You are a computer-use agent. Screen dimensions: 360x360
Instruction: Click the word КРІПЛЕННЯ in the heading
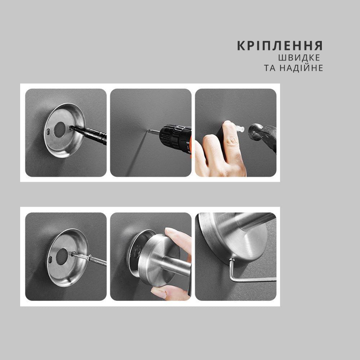pyautogui.click(x=280, y=46)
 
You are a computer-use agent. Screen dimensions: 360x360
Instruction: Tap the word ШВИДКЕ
pyautogui.click(x=299, y=58)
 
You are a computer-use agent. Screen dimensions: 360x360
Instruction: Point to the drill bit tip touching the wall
pyautogui.click(x=148, y=131)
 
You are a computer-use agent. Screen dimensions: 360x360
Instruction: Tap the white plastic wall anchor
pyautogui.click(x=238, y=127)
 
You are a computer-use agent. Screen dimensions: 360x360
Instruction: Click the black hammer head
pyautogui.click(x=256, y=132)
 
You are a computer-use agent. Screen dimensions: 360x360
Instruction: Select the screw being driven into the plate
pyautogui.click(x=89, y=258)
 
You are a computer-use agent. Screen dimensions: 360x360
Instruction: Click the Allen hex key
pyautogui.click(x=248, y=275)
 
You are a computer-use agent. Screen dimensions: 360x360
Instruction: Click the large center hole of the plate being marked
pyautogui.click(x=60, y=130)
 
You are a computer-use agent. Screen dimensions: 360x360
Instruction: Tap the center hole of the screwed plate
pyautogui.click(x=62, y=256)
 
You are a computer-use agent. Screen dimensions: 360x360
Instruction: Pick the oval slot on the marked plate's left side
pyautogui.click(x=48, y=132)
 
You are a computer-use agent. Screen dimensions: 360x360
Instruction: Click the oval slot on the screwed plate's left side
pyautogui.click(x=50, y=260)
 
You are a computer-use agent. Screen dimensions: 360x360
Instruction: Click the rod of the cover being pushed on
pyautogui.click(x=176, y=266)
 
